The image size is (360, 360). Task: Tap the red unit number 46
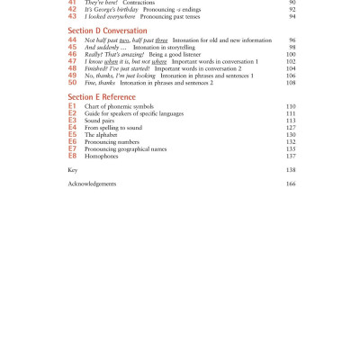tap(73, 55)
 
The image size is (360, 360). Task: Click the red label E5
tap(72, 134)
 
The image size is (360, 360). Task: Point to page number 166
tap(291, 184)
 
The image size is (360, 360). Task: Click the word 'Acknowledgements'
tap(92, 184)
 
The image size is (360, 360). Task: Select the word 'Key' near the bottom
tap(73, 169)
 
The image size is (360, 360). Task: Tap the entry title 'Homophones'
tap(101, 156)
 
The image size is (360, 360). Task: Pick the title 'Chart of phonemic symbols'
tap(119, 106)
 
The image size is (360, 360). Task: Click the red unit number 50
tap(73, 83)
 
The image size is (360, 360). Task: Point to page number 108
tap(291, 83)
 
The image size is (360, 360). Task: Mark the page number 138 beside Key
tap(291, 169)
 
